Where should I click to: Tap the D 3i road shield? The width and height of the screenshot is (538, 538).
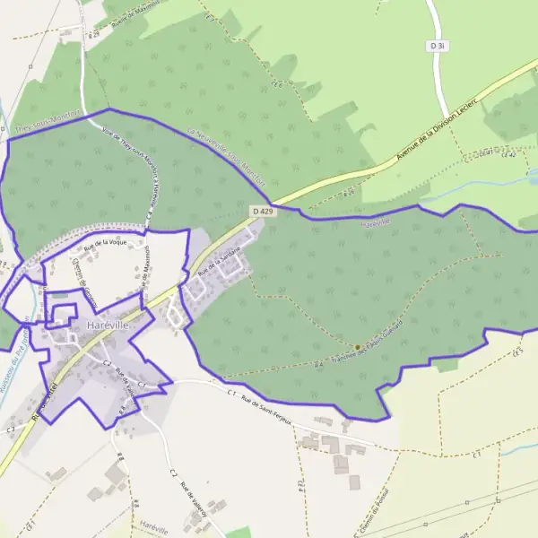[x=438, y=45]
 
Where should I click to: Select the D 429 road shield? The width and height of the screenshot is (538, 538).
[x=261, y=211]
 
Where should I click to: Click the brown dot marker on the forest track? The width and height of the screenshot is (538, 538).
[x=357, y=347]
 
